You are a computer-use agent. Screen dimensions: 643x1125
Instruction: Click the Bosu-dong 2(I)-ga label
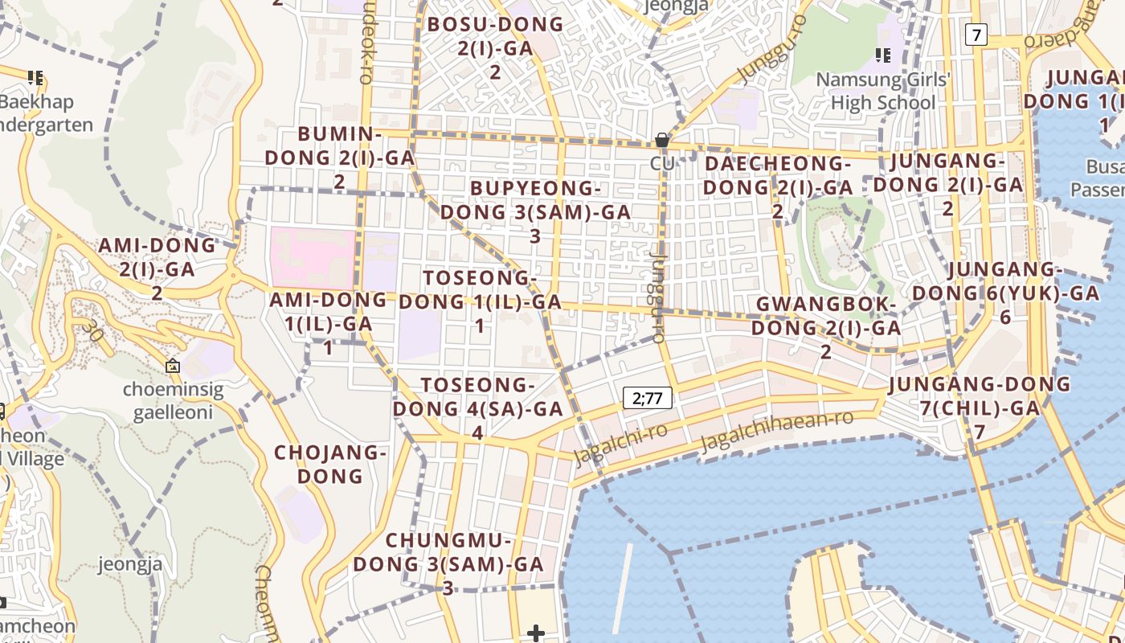pyautogui.click(x=495, y=47)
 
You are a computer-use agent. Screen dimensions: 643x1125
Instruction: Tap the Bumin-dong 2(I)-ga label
pyautogui.click(x=339, y=158)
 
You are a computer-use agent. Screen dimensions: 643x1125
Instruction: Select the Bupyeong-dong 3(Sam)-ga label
pyautogui.click(x=535, y=212)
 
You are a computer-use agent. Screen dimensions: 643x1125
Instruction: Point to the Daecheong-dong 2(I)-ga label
pyautogui.click(x=777, y=187)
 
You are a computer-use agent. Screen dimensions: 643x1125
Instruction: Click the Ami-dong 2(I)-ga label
pyautogui.click(x=157, y=268)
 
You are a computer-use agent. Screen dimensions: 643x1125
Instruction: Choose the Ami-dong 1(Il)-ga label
pyautogui.click(x=328, y=323)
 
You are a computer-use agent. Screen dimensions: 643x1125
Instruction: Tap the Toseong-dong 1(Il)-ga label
pyautogui.click(x=480, y=301)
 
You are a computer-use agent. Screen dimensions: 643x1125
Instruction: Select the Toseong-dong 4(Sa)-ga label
pyautogui.click(x=477, y=408)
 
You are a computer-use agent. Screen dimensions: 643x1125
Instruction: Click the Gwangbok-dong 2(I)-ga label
pyautogui.click(x=826, y=328)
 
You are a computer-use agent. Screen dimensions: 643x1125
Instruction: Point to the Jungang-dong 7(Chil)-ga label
pyautogui.click(x=980, y=408)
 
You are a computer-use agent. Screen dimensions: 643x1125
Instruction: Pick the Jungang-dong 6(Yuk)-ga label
pyautogui.click(x=1005, y=293)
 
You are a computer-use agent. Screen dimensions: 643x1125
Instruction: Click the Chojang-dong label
pyautogui.click(x=330, y=464)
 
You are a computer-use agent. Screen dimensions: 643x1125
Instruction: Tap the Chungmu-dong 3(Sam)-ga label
pyautogui.click(x=448, y=563)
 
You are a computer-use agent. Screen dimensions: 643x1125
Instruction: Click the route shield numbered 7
pyautogui.click(x=976, y=35)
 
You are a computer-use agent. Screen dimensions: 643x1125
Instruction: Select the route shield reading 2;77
pyautogui.click(x=647, y=397)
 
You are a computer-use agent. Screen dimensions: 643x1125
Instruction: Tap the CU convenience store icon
pyautogui.click(x=662, y=141)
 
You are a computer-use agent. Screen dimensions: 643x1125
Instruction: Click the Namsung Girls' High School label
pyautogui.click(x=883, y=91)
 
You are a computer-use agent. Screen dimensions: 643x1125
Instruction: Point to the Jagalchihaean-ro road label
pyautogui.click(x=775, y=432)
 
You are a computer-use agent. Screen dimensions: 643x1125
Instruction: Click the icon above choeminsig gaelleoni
pyautogui.click(x=173, y=367)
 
